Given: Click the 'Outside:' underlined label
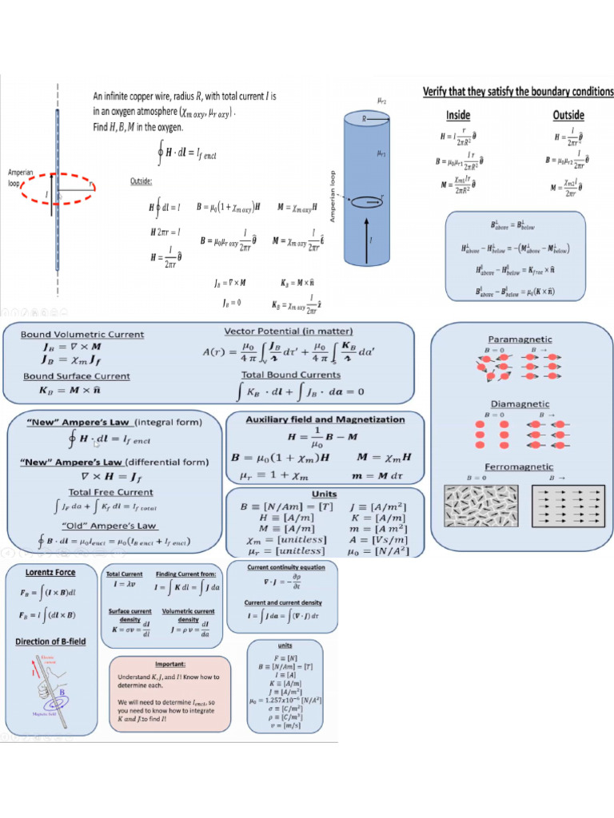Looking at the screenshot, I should coord(141,182).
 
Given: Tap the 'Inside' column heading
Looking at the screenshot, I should coord(457,115).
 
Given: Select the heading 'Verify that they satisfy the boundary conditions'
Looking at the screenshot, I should coord(518,92).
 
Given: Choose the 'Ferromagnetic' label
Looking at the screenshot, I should coord(520,466).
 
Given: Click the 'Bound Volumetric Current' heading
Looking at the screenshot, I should coord(82,335).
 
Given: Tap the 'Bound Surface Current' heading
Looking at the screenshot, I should coord(77,376).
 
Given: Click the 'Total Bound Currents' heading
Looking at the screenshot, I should coord(291,374).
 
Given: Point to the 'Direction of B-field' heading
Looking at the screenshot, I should coord(50,641).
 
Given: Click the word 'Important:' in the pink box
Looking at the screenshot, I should coord(170,663).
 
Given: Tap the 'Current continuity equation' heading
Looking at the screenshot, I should coord(286,567).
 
